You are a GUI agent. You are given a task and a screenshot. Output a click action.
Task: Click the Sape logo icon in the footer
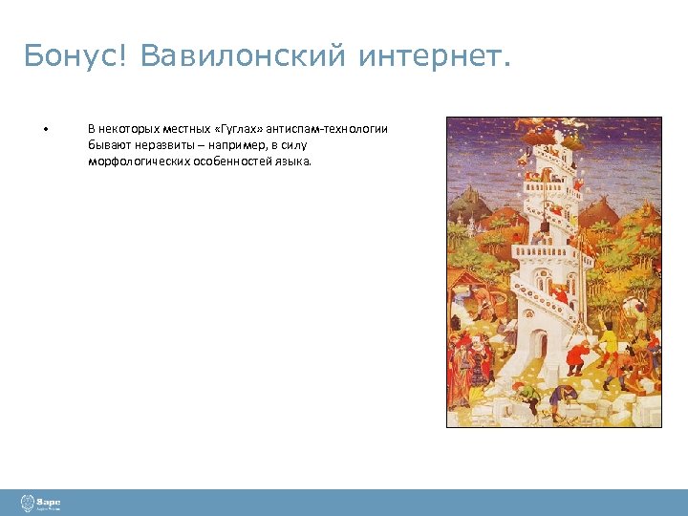click(27, 503)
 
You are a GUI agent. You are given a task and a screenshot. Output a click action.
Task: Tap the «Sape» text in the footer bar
click(49, 501)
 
